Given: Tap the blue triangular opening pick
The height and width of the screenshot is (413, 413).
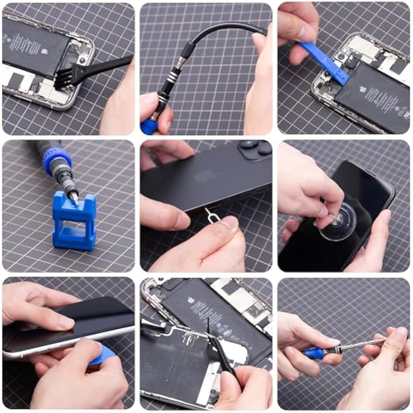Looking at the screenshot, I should coord(104,355).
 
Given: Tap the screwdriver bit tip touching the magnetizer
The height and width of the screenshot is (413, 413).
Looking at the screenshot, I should coord(75,197).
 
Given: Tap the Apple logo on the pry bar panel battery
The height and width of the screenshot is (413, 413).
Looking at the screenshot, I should coord(363,90).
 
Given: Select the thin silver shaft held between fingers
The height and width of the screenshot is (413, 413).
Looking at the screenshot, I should coord(360,344).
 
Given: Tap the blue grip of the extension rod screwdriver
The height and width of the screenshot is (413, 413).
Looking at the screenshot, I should coord(314,353).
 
